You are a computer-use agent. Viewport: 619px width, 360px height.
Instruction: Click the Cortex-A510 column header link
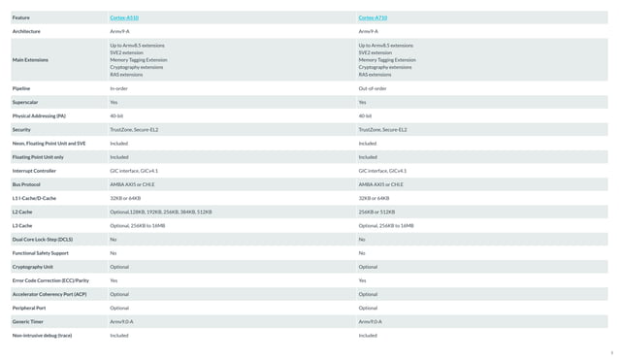[x=124, y=17]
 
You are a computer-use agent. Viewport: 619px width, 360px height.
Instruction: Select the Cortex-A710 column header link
[x=373, y=17]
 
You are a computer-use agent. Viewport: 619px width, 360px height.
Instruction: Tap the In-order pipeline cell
[x=119, y=88]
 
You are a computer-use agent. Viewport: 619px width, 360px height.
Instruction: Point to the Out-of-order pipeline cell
[x=373, y=88]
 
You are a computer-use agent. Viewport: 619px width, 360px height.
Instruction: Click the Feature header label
[x=20, y=17]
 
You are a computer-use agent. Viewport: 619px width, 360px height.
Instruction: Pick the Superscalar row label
[x=25, y=102]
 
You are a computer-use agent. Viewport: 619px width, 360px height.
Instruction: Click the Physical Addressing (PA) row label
[x=39, y=115]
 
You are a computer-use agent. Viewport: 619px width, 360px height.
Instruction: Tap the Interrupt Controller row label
[x=34, y=170]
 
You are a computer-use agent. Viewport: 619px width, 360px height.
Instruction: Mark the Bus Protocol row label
[x=26, y=184]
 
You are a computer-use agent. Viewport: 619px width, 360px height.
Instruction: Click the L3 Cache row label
[x=22, y=225]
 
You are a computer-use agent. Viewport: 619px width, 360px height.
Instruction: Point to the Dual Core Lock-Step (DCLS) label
[x=42, y=239]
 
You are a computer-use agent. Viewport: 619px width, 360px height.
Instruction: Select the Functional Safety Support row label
[x=41, y=252]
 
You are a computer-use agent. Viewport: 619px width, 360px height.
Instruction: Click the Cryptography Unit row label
[x=33, y=266]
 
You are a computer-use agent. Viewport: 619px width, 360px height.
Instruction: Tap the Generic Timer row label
[x=28, y=321]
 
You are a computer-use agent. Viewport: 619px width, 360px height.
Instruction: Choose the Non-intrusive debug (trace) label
[x=42, y=335]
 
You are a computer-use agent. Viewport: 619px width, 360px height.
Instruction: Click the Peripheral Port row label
[x=29, y=308]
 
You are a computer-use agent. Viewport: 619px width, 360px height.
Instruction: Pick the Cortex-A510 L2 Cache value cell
[x=158, y=212]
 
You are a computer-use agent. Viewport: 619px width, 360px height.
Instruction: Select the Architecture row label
[x=26, y=31]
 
